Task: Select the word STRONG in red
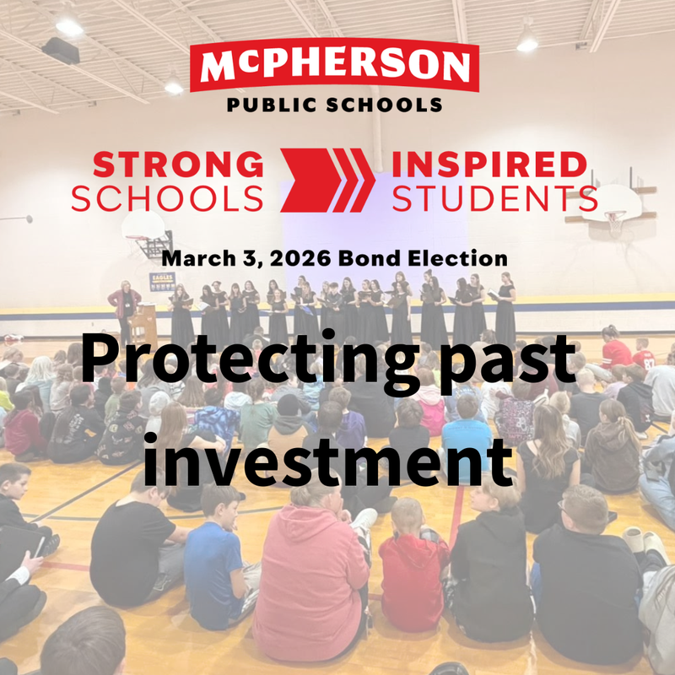coord(166,164)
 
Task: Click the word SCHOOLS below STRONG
coord(166,197)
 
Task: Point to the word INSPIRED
coord(489,164)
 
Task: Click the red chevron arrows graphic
coord(327,180)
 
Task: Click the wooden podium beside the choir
coord(144,323)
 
